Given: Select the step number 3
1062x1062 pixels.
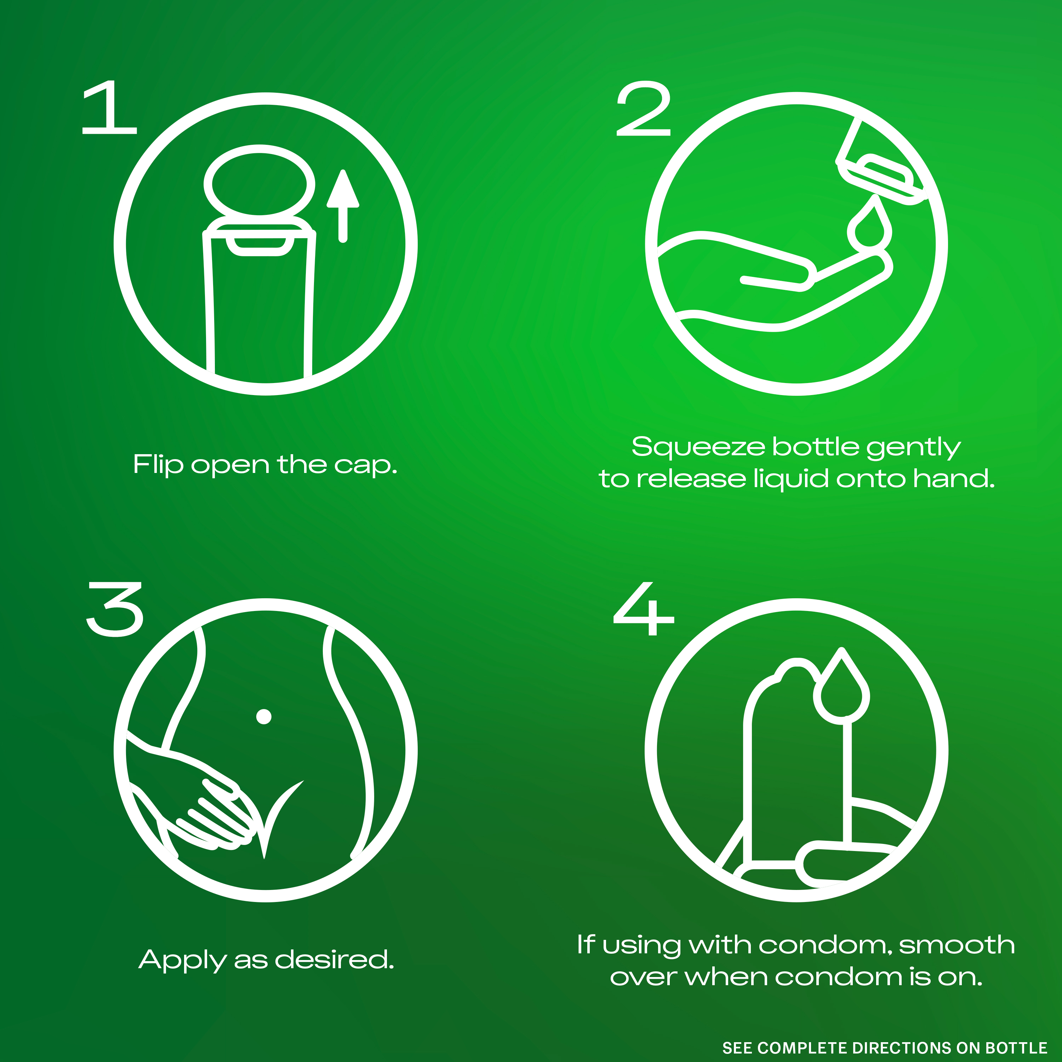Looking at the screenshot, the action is point(115,609).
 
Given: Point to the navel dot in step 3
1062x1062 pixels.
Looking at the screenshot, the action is point(264,716).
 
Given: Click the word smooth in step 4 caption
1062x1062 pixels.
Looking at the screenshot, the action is point(957,944).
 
